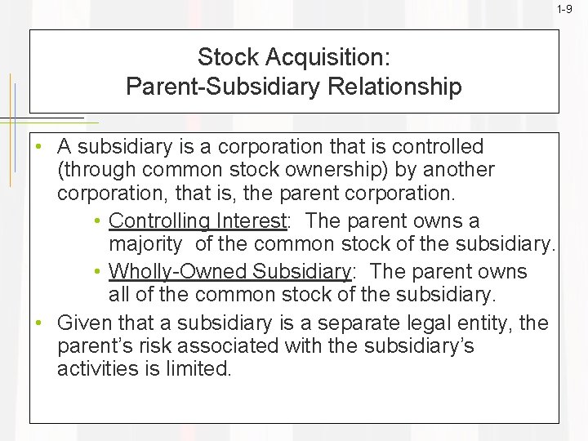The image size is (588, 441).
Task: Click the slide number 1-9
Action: click(x=564, y=9)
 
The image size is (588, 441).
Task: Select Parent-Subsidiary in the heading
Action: click(x=220, y=87)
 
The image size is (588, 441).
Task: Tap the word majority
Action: click(x=145, y=244)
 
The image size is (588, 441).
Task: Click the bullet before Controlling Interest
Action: click(x=97, y=221)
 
